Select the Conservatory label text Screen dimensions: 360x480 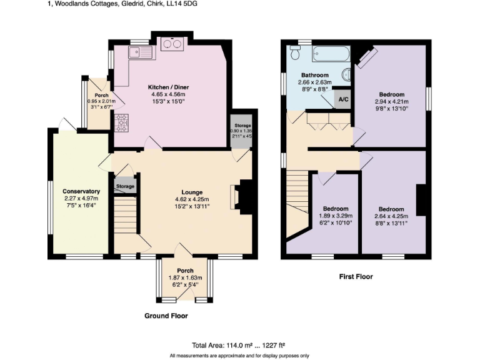click(81, 191)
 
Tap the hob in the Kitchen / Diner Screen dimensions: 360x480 click(120, 123)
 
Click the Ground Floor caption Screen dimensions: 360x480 click(166, 316)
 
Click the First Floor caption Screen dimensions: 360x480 click(356, 276)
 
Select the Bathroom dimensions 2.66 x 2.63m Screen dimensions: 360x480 click(313, 82)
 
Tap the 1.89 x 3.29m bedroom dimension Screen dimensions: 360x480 click(336, 216)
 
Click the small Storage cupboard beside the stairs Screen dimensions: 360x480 click(125, 186)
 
